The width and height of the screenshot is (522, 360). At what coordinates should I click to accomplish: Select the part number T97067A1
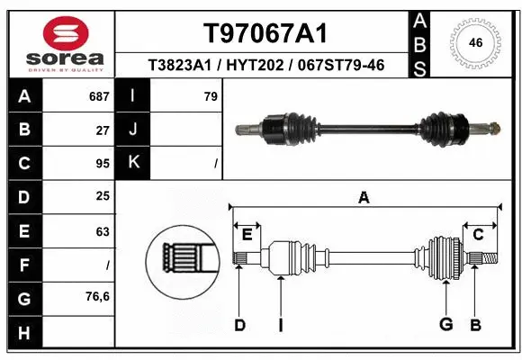(264, 33)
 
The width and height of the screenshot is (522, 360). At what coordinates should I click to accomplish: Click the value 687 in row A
(97, 96)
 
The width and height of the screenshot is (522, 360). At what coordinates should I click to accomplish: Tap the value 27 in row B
(102, 130)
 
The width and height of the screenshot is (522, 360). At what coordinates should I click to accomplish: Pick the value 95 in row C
(102, 164)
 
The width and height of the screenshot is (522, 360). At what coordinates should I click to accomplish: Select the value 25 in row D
(102, 196)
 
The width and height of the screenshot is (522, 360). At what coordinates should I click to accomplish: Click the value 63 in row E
(102, 230)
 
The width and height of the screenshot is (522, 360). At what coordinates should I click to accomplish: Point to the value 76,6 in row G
(97, 296)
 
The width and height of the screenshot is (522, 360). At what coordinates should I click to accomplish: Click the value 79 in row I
(211, 96)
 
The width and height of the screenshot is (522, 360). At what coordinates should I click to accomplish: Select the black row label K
(133, 163)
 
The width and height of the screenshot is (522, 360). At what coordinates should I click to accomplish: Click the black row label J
(133, 130)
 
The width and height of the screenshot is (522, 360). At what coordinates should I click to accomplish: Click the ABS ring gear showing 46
(476, 42)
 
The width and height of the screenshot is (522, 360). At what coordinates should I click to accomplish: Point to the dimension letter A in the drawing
(364, 198)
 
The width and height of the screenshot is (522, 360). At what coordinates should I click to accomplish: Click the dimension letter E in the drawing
(247, 235)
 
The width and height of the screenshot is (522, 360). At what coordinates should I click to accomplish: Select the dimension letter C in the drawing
(479, 235)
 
